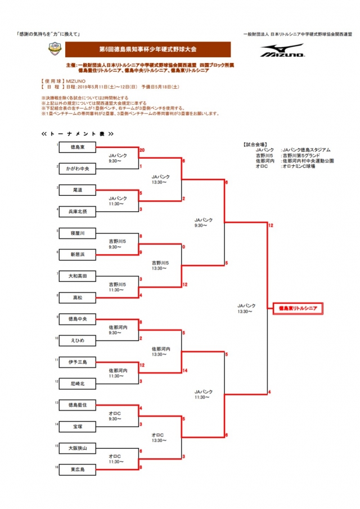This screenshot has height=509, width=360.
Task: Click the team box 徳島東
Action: tap(78, 147)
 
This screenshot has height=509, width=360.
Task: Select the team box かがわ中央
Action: tap(78, 168)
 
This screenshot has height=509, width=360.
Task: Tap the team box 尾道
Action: tap(78, 191)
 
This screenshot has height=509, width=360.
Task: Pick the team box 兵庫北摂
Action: tap(78, 211)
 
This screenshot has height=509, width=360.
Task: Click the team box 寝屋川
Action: tap(78, 233)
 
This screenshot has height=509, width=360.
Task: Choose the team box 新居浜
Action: tap(78, 254)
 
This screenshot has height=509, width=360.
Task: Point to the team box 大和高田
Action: tap(78, 276)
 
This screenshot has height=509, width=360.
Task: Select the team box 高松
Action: tap(78, 298)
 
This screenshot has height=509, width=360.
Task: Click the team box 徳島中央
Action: tap(78, 319)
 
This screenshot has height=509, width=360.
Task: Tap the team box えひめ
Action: tap(78, 340)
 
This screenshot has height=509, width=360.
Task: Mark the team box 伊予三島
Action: tap(78, 362)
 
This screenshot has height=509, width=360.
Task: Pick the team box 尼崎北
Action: tap(78, 384)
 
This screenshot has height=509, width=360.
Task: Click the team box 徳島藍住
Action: tap(78, 405)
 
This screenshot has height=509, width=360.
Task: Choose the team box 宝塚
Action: tap(78, 426)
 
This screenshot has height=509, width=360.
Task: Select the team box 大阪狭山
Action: tap(78, 448)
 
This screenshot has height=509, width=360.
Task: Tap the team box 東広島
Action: tap(78, 469)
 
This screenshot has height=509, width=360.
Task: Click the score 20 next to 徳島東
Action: tap(142, 151)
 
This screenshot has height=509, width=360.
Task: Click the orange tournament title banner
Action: tap(147, 49)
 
